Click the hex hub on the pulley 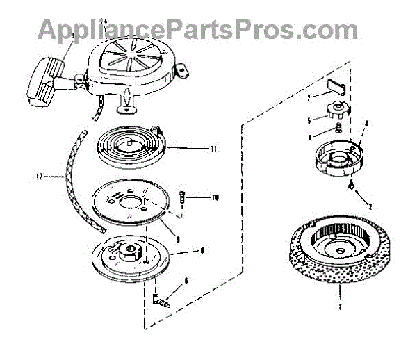click(x=128, y=249)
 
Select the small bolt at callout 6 click(x=160, y=300)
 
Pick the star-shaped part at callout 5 click(x=336, y=109)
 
